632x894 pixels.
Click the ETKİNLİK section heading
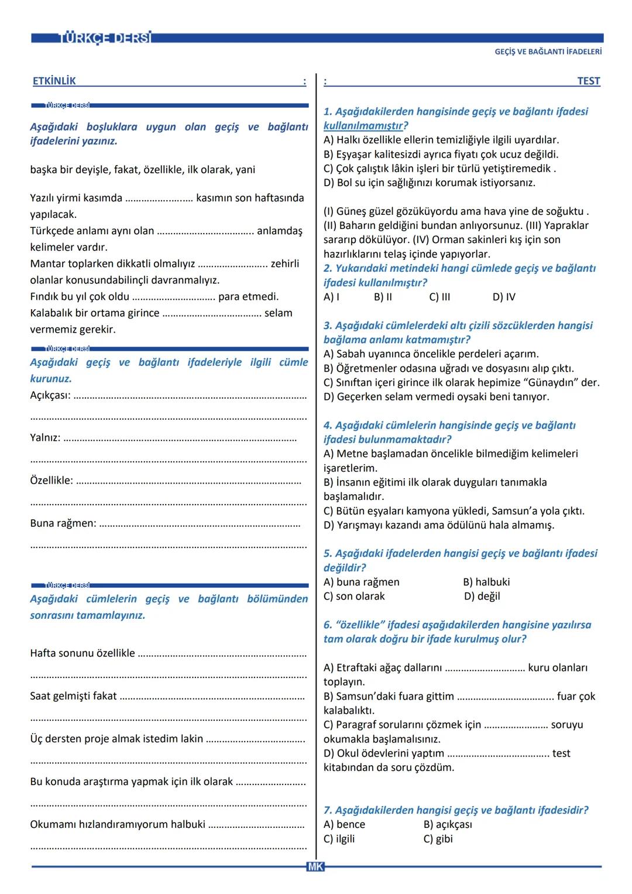[54, 81]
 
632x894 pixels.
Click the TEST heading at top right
[588, 81]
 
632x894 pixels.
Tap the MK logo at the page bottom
[315, 867]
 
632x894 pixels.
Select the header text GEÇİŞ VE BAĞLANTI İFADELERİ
[548, 52]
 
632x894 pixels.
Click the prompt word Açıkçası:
[50, 395]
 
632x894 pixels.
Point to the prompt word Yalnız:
[45, 437]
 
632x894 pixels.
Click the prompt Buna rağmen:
[63, 523]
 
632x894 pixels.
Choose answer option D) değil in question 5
[482, 596]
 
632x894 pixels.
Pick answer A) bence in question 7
[344, 824]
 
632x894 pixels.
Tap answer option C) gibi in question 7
[438, 838]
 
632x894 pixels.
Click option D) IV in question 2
[504, 297]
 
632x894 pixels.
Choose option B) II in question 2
[383, 297]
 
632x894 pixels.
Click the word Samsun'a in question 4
[514, 511]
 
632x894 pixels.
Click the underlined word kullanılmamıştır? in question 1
[366, 126]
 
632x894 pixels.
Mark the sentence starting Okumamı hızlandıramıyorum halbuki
[118, 824]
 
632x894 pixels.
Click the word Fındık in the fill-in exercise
[44, 296]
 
